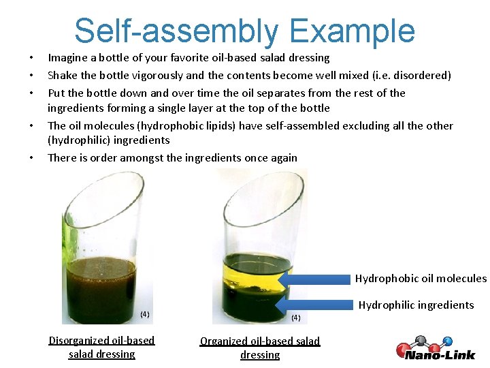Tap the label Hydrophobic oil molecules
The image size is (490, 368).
421,278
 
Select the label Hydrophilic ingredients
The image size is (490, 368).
416,305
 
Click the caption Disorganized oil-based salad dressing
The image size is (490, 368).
101,347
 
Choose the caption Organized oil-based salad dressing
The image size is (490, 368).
259,348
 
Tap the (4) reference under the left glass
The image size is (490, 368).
144,314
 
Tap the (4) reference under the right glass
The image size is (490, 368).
295,318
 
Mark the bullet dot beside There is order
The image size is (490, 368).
31,158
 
